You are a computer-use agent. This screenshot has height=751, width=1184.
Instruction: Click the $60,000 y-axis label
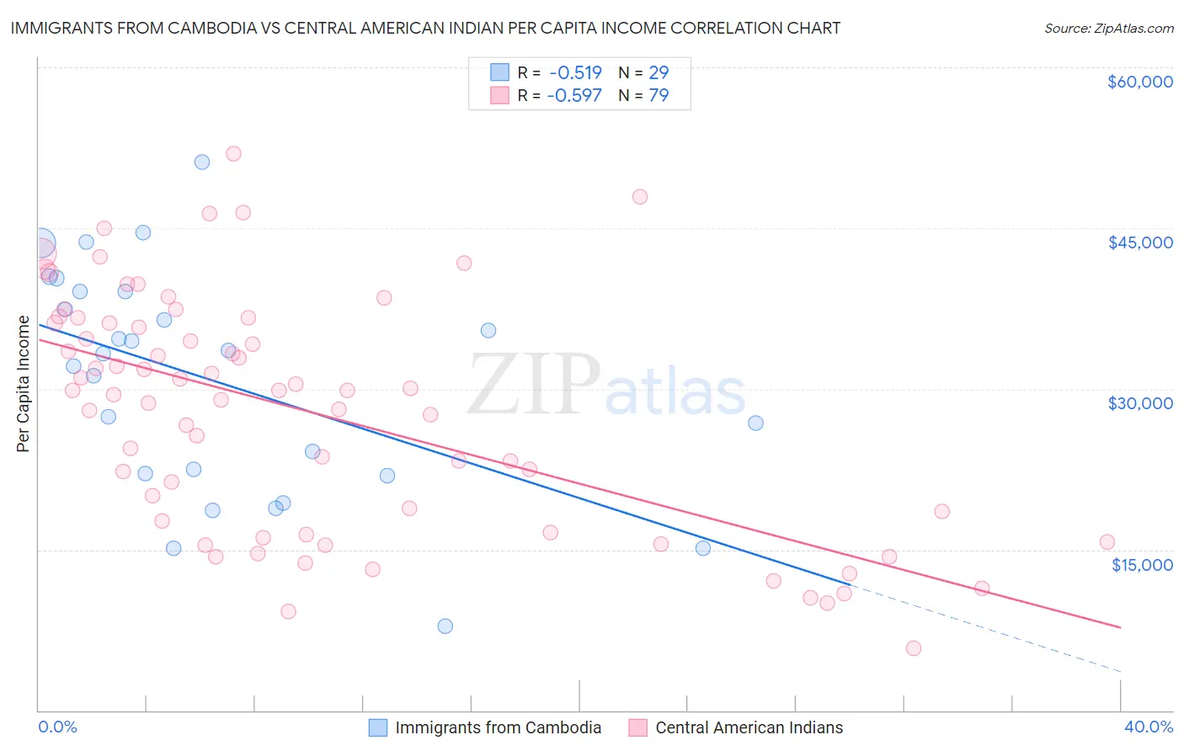(1139, 82)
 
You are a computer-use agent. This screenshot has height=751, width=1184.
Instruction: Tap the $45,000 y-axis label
(1139, 242)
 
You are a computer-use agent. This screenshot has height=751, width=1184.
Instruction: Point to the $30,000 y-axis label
(1139, 403)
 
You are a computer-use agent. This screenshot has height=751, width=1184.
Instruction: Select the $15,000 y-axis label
(1142, 565)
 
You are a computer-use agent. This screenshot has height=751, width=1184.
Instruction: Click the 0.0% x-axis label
(58, 727)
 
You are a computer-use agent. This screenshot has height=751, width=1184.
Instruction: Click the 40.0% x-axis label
(1149, 727)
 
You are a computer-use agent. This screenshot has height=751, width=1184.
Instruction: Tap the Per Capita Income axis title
(24, 384)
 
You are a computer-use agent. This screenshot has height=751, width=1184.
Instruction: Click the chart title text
(425, 28)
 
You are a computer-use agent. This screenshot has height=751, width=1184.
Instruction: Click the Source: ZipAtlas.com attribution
(1108, 29)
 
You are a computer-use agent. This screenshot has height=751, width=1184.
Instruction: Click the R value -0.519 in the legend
(574, 72)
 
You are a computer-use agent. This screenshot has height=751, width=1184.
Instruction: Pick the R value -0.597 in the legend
(574, 95)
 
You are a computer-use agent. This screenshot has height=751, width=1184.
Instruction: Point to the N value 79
(659, 95)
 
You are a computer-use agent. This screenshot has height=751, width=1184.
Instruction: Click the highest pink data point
(233, 153)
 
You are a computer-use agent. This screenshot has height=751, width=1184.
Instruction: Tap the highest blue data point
(202, 162)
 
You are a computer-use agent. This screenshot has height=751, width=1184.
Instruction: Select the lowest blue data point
(445, 626)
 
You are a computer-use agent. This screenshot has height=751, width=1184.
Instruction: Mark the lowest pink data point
(914, 647)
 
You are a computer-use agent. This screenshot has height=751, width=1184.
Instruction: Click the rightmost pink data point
(1107, 542)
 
